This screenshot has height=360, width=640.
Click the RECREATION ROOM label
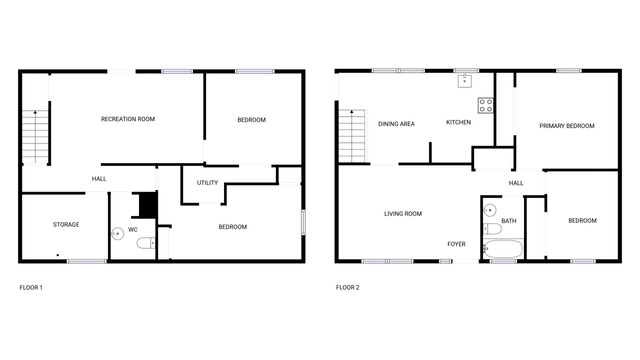coord(128,119)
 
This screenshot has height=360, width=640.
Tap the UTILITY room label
coord(207,183)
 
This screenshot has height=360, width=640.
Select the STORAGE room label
coord(66,224)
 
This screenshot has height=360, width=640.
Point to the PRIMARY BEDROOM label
coord(567,126)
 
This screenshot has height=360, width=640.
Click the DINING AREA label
coord(396,124)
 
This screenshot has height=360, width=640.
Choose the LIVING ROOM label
coord(403,213)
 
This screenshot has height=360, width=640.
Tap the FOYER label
coord(456,244)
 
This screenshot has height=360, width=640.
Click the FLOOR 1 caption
coord(31,287)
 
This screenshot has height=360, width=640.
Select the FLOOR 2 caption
coord(348,287)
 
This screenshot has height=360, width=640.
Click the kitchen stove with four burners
coord(486,105)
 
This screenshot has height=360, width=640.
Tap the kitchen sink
coord(464,81)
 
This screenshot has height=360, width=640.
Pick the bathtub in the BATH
coord(503,249)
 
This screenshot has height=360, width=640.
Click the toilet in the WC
coord(146,243)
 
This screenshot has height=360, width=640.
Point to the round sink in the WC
coord(118,234)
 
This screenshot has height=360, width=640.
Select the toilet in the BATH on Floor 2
coord(492,229)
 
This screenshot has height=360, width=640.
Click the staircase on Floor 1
coord(36,137)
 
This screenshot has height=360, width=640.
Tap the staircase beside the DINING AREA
coord(352,136)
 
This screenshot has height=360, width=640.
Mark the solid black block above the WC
coord(148,204)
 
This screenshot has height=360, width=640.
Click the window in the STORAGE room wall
coord(87,261)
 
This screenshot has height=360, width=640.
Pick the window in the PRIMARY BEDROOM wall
coord(569,71)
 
